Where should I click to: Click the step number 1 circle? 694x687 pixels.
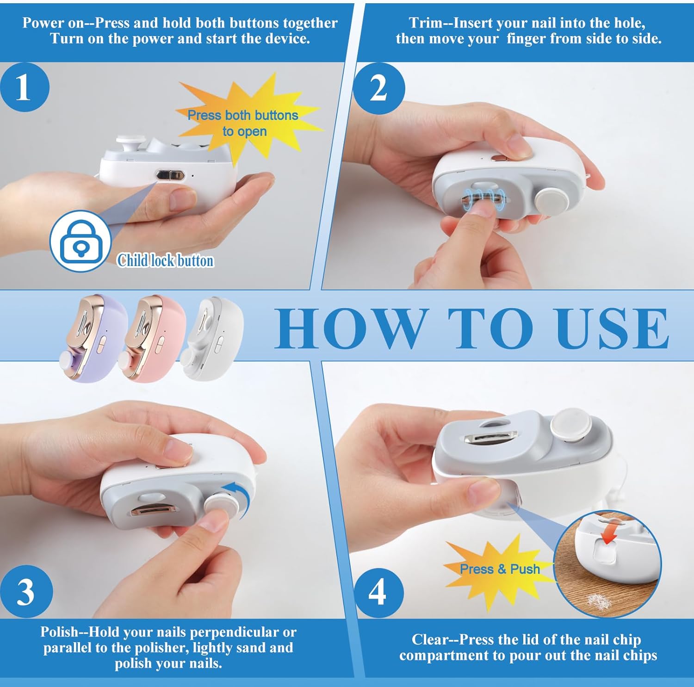[x=25, y=87]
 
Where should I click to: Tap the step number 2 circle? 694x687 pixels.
[x=379, y=88]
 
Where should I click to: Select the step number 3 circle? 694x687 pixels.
[x=26, y=592]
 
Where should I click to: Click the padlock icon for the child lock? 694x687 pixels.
[x=81, y=241]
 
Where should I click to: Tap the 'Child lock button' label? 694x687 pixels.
[x=165, y=260]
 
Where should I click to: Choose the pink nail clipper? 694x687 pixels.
[x=153, y=338]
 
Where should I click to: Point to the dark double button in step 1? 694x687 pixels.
[x=170, y=176]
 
